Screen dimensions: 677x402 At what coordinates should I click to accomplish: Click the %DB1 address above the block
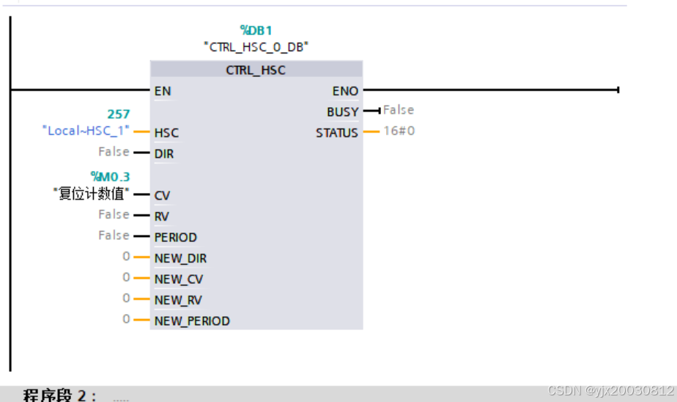click(x=256, y=30)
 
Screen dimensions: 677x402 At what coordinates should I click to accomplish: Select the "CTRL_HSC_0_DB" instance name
click(x=256, y=46)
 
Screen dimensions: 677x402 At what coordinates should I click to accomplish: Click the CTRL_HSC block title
click(x=256, y=70)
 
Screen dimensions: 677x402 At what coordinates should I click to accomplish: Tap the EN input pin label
click(x=163, y=92)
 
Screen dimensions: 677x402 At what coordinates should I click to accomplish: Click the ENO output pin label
click(x=345, y=92)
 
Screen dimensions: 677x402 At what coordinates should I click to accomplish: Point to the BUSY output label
click(x=343, y=112)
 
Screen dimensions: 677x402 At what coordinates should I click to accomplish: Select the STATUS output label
click(x=337, y=133)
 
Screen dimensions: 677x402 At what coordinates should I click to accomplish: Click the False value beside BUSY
click(x=399, y=110)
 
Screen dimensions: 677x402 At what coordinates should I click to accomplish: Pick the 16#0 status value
click(x=399, y=131)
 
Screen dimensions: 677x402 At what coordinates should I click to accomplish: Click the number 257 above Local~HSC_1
click(x=119, y=114)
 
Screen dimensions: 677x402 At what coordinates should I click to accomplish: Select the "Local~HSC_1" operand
click(x=86, y=131)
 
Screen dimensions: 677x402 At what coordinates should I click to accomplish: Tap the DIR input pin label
click(x=164, y=154)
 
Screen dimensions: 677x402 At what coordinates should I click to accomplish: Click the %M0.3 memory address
click(x=110, y=176)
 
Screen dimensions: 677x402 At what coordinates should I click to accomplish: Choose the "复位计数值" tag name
click(x=92, y=194)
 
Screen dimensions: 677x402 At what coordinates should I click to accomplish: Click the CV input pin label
click(x=162, y=196)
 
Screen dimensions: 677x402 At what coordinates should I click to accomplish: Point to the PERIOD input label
click(x=176, y=238)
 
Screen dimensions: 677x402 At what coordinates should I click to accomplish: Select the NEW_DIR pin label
click(x=180, y=258)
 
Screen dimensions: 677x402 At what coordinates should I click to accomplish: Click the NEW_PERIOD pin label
click(x=192, y=321)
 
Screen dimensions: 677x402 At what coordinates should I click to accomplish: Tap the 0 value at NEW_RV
click(x=126, y=299)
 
